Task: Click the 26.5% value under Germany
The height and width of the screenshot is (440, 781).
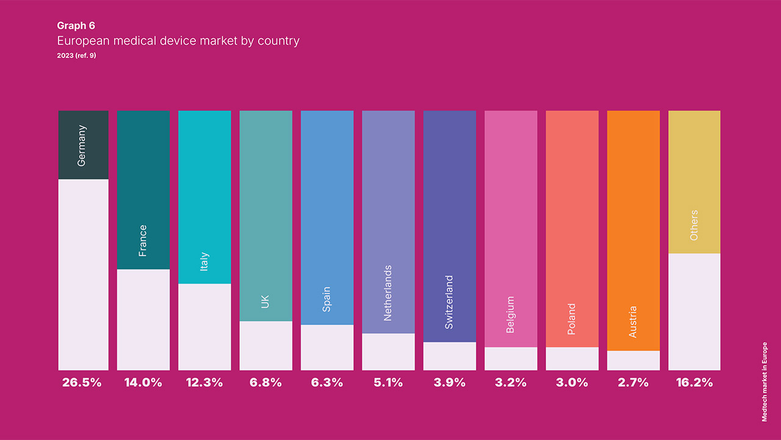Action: [x=82, y=383]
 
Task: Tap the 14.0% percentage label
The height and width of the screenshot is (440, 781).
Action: [x=143, y=383]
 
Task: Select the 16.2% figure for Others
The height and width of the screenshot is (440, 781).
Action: [x=694, y=383]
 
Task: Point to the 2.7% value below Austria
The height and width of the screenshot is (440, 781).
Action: [x=633, y=383]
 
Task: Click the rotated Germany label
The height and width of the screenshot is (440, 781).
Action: [x=82, y=145]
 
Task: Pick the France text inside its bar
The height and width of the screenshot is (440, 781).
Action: [x=143, y=240]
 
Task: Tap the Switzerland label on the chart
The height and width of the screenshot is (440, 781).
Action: [x=449, y=302]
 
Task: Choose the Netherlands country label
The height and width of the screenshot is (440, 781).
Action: [x=387, y=293]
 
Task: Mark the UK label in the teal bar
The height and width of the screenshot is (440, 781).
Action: [x=265, y=301]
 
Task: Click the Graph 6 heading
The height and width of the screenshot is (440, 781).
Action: [x=76, y=26]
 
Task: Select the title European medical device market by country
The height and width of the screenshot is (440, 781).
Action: [x=178, y=41]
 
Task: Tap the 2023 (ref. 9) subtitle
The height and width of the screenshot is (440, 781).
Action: [x=76, y=56]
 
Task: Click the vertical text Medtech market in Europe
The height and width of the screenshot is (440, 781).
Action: [x=764, y=381]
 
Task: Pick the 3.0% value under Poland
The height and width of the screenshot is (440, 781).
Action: [x=572, y=383]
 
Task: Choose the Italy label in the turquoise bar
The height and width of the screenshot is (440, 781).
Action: [x=204, y=262]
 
